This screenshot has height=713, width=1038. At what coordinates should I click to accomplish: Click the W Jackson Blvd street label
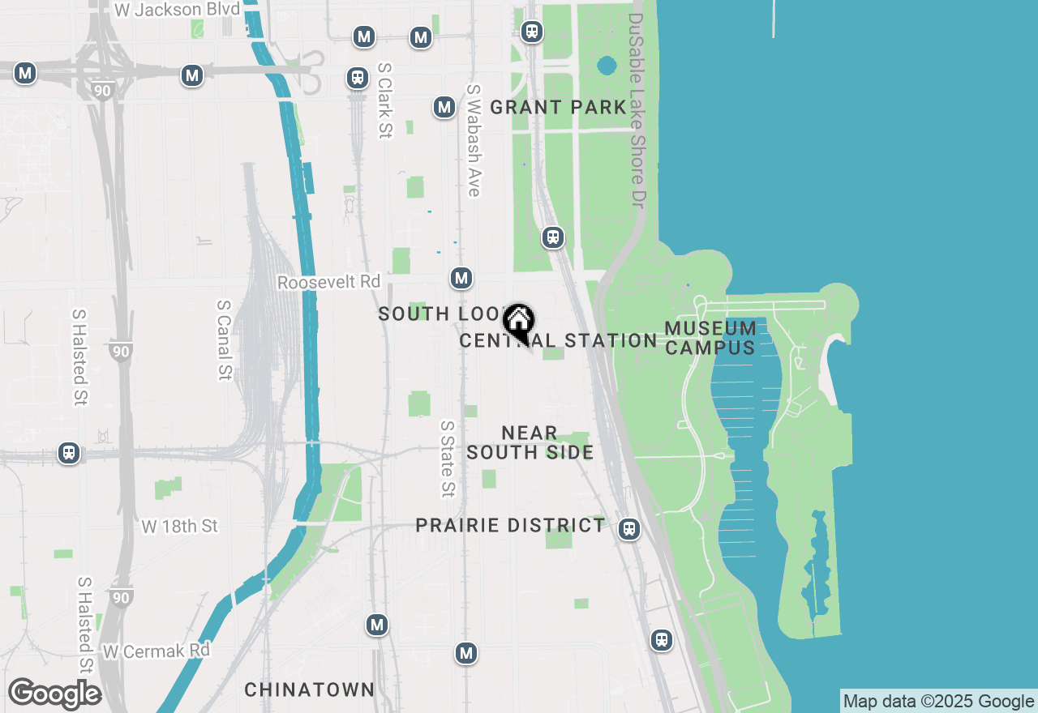(x=178, y=10)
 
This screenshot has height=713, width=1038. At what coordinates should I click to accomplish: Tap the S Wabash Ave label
(x=474, y=140)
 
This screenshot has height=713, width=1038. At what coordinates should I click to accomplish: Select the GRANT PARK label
(x=558, y=107)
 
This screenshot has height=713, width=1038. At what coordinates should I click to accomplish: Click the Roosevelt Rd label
(x=328, y=282)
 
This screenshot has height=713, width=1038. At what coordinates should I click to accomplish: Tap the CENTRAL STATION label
(x=558, y=341)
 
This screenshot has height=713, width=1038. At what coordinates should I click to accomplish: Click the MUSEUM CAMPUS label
(x=710, y=338)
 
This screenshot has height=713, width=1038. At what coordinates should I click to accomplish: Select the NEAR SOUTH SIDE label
(x=530, y=443)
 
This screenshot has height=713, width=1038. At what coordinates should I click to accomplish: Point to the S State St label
(x=448, y=458)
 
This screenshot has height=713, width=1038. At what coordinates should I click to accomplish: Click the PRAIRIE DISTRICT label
(x=510, y=526)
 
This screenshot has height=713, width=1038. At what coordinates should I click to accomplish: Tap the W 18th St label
(x=179, y=527)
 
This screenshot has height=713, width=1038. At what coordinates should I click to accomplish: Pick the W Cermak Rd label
(x=156, y=651)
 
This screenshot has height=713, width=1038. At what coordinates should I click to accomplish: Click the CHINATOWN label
(x=309, y=690)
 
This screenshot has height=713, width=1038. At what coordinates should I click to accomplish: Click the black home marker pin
(x=518, y=322)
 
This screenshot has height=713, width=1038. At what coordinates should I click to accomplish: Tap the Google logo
(x=54, y=694)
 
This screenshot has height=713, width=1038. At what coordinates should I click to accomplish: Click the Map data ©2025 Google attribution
(x=938, y=702)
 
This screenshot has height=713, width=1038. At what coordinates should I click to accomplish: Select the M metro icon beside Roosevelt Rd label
(x=461, y=278)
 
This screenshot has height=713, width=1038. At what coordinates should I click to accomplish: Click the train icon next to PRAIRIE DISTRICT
(x=628, y=529)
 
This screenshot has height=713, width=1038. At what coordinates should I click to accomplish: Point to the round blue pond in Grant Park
(x=607, y=65)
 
